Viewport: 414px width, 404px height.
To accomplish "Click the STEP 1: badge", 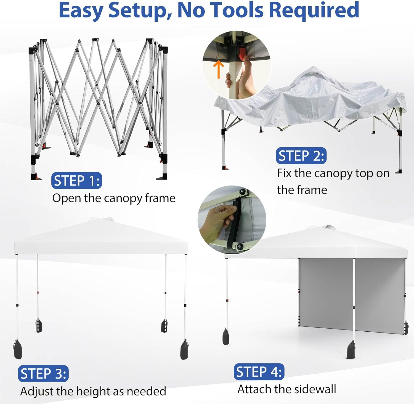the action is (x=77, y=181).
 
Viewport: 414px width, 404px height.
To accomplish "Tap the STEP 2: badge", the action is (x=301, y=156).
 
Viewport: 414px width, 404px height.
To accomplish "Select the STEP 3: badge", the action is (x=43, y=374).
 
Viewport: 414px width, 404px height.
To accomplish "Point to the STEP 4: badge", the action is (x=259, y=372).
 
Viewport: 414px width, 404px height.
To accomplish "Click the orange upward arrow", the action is (x=219, y=69).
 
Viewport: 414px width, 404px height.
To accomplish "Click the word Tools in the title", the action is (x=237, y=10).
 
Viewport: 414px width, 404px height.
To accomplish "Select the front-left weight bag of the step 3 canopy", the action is (x=18, y=349).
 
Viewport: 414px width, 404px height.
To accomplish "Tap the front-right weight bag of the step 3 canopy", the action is (x=184, y=350).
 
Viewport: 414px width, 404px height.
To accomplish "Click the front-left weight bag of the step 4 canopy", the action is (x=226, y=337).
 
